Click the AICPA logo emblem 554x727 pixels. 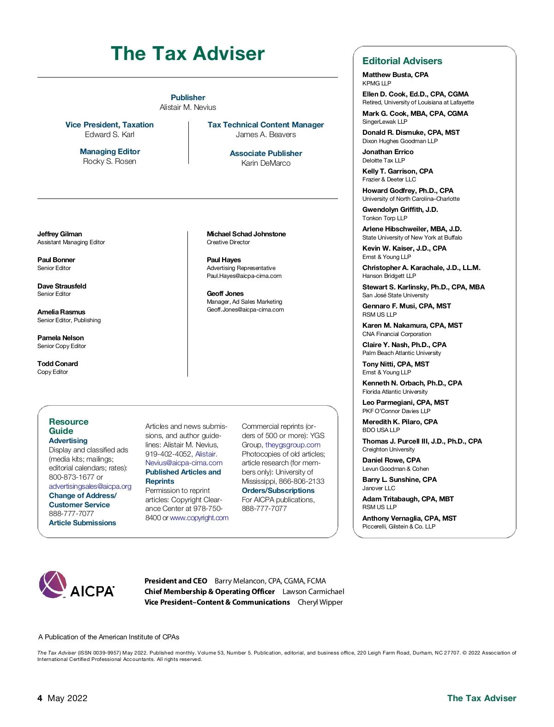53,584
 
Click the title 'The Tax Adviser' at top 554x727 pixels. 187,54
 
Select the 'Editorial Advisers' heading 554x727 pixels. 402,61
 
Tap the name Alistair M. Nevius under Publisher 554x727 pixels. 187,107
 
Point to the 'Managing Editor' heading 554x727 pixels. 110,151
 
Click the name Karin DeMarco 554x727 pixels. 265,163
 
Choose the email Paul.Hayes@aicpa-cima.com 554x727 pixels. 244,276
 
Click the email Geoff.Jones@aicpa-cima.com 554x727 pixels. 245,310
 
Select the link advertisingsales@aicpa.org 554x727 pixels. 90,486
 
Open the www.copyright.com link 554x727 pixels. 199,518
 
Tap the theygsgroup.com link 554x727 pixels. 293,445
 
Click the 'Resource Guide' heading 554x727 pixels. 68,426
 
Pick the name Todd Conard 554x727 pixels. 58,364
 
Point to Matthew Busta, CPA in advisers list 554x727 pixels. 395,75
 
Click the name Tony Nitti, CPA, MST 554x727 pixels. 396,364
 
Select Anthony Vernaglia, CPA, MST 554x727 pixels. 409,518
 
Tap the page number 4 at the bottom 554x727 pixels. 40,698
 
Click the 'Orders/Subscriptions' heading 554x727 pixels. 278,491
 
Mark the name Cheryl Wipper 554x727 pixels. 320,602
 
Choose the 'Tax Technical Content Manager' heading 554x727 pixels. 265,125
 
